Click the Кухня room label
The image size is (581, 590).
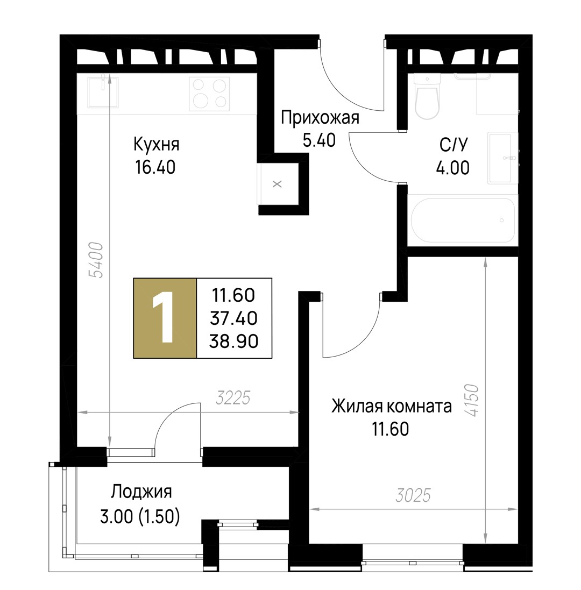pos(156,145)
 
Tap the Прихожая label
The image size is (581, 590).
pos(320,117)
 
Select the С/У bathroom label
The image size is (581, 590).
pos(453,145)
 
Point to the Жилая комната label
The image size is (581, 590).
pos(391,407)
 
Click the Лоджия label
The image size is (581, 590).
pos(141,492)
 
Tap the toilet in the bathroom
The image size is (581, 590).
pos(427,96)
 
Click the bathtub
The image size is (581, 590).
pos(463,220)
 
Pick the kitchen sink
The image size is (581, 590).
pos(103,92)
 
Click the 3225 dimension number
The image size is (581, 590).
pos(233,398)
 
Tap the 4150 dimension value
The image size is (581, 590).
pos(471,400)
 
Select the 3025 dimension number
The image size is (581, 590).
pos(413,495)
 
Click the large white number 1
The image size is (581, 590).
pos(164,317)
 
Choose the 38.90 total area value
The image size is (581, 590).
pos(233,342)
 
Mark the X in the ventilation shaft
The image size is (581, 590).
pos(278,184)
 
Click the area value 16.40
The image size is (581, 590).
pos(155,167)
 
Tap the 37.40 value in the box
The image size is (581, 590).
pos(233,318)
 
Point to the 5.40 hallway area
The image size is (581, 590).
pos(319,140)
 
